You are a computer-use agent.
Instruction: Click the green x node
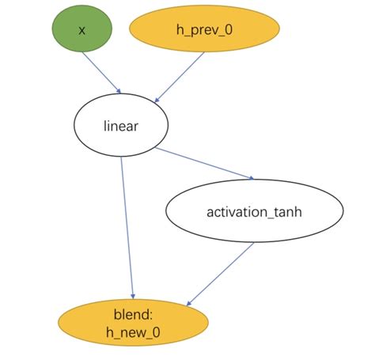tap(81, 29)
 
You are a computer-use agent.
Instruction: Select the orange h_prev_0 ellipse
tap(205, 30)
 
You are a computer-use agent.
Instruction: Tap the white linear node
tap(121, 125)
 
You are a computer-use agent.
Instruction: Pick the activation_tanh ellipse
tap(254, 212)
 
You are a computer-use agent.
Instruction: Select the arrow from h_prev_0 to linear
tap(181, 76)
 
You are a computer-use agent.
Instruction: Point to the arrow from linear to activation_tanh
tap(204, 163)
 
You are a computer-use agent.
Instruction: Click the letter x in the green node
tap(81, 30)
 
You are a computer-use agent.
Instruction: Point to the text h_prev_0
tap(205, 30)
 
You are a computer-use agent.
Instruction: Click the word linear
tap(121, 125)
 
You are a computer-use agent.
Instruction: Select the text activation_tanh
tap(254, 212)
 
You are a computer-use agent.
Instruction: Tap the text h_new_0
tap(134, 334)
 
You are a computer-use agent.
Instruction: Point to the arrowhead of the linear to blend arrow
tap(133, 296)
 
